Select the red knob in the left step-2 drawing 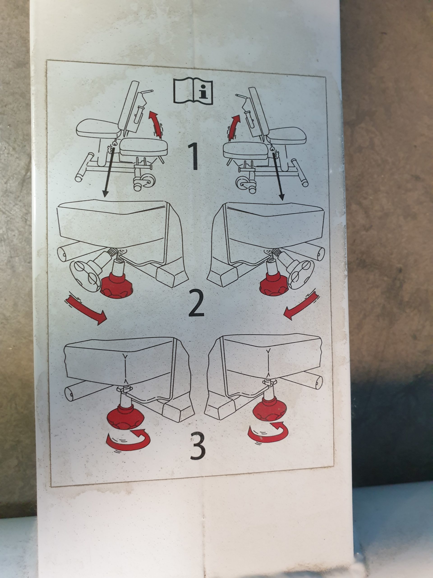(117, 286)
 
